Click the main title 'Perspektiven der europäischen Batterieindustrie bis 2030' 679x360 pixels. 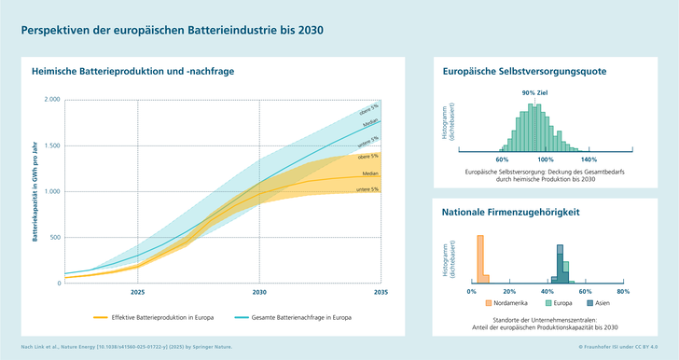[173, 30]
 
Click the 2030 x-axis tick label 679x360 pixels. [259, 292]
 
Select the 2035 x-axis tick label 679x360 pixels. [380, 292]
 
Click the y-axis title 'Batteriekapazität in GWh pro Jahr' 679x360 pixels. [35, 190]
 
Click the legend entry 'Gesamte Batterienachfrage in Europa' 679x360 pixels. [298, 318]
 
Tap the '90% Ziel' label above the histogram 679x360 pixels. [534, 93]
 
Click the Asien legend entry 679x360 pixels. [597, 303]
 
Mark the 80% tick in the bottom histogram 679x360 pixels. [623, 291]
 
